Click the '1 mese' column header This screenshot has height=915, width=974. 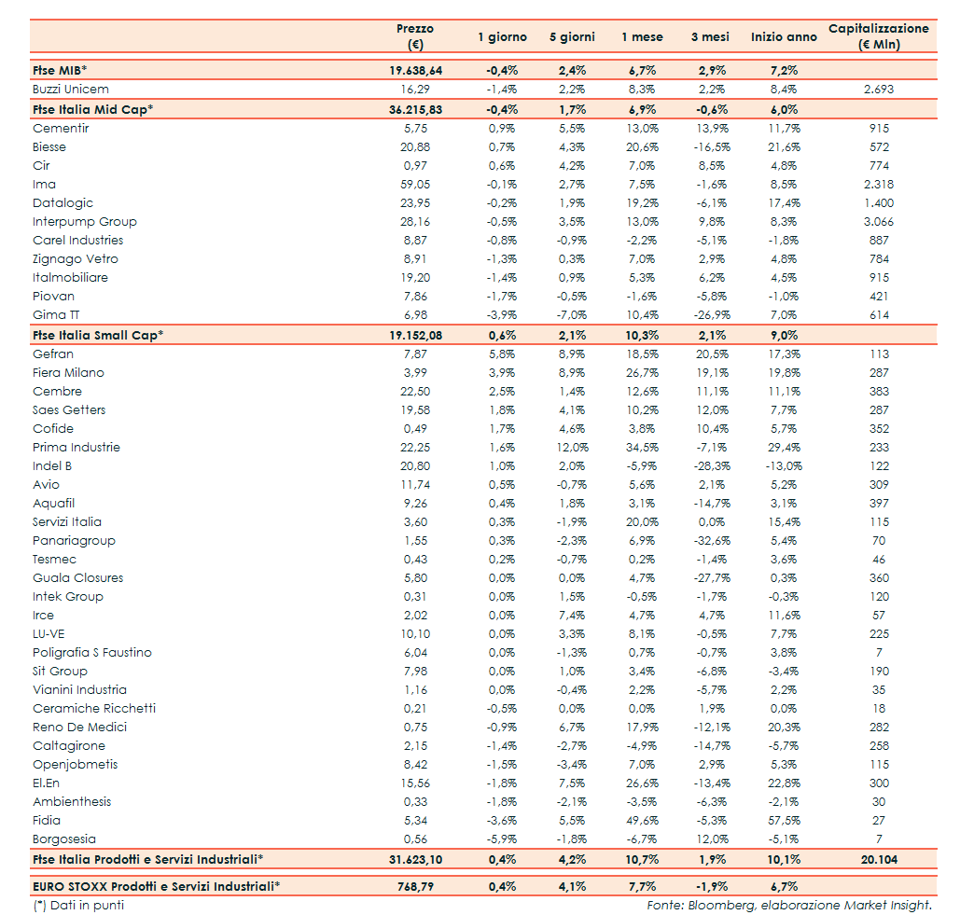coord(642,37)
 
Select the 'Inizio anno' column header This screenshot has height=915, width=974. coord(784,37)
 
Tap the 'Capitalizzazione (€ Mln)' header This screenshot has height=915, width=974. coord(878,36)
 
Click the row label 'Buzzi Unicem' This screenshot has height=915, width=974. coord(71,90)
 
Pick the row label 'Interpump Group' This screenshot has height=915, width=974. coord(85,222)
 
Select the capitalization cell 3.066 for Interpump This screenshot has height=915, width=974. coord(878,222)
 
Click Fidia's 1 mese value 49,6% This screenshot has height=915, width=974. coord(642,821)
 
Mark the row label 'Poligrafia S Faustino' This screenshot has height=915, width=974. coord(92,653)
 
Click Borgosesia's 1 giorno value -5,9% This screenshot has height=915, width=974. coord(502,839)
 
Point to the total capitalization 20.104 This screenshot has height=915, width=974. coord(878,859)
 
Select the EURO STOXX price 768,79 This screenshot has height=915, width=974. coord(416,886)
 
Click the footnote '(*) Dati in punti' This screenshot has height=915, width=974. coord(78,905)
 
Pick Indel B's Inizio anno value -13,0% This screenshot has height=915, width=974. coord(784,466)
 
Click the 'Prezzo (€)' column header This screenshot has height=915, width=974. coord(416,36)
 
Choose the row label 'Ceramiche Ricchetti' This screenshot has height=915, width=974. coord(94,709)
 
